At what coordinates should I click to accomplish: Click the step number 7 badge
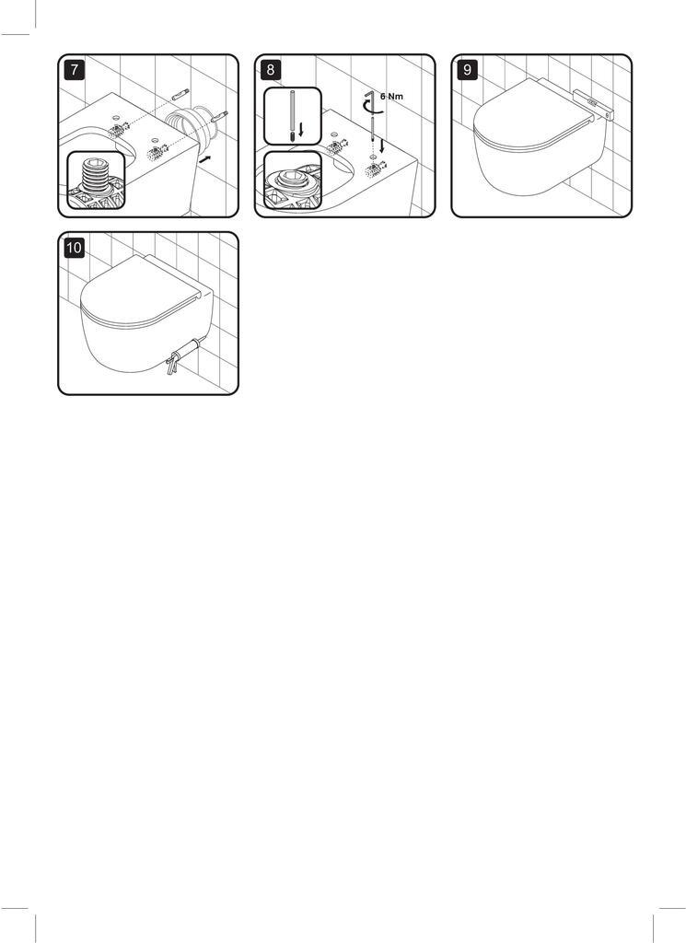[x=74, y=70]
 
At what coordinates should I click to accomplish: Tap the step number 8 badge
[x=271, y=70]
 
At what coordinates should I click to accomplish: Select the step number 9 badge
[x=468, y=70]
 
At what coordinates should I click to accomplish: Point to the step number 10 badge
[x=74, y=248]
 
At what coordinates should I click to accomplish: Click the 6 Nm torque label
[x=391, y=96]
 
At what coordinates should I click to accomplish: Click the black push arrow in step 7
[x=205, y=158]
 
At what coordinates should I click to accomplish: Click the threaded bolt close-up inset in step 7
[x=96, y=180]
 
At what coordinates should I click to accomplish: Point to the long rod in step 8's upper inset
[x=292, y=115]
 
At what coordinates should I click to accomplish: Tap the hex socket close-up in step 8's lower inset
[x=293, y=180]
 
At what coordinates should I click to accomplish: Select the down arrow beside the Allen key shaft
[x=382, y=146]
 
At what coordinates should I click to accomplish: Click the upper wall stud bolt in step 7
[x=180, y=94]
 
